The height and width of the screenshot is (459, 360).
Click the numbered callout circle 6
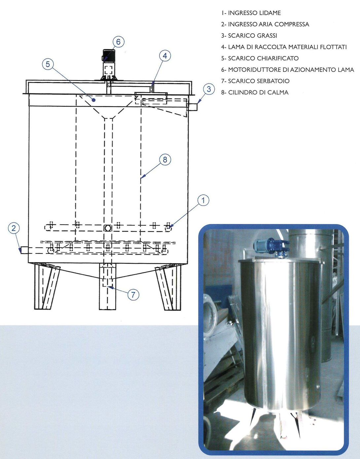pos(118,42)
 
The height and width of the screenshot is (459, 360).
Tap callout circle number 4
pos(165,56)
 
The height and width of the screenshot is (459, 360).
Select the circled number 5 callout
pos(48,64)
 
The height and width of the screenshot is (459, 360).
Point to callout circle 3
pos(209,89)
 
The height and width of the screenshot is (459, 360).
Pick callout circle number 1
pos(203,200)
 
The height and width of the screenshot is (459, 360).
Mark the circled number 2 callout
pos(14,228)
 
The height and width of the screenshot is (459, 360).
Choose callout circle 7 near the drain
pos(133,294)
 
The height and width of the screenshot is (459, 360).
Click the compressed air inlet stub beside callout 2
pos(24,250)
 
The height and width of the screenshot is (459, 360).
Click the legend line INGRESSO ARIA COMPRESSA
pos(265,24)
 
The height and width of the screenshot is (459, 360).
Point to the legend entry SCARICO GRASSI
pos(249,36)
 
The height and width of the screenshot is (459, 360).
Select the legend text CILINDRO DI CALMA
pos(255,92)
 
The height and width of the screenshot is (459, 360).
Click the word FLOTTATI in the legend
pos(333,47)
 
